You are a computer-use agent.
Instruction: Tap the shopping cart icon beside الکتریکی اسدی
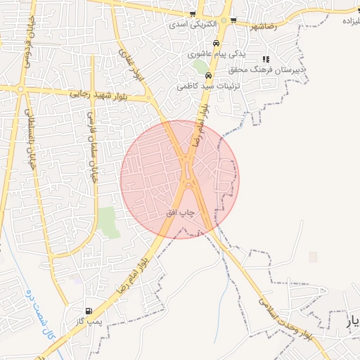(x=193, y=14)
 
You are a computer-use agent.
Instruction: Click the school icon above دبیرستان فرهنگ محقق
(x=265, y=59)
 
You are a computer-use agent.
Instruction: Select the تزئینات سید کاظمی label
(x=207, y=85)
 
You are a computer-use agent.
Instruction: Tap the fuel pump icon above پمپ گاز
(x=88, y=311)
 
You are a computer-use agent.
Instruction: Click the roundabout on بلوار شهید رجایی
(x=21, y=89)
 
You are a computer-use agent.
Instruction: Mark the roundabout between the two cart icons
(x=226, y=21)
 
